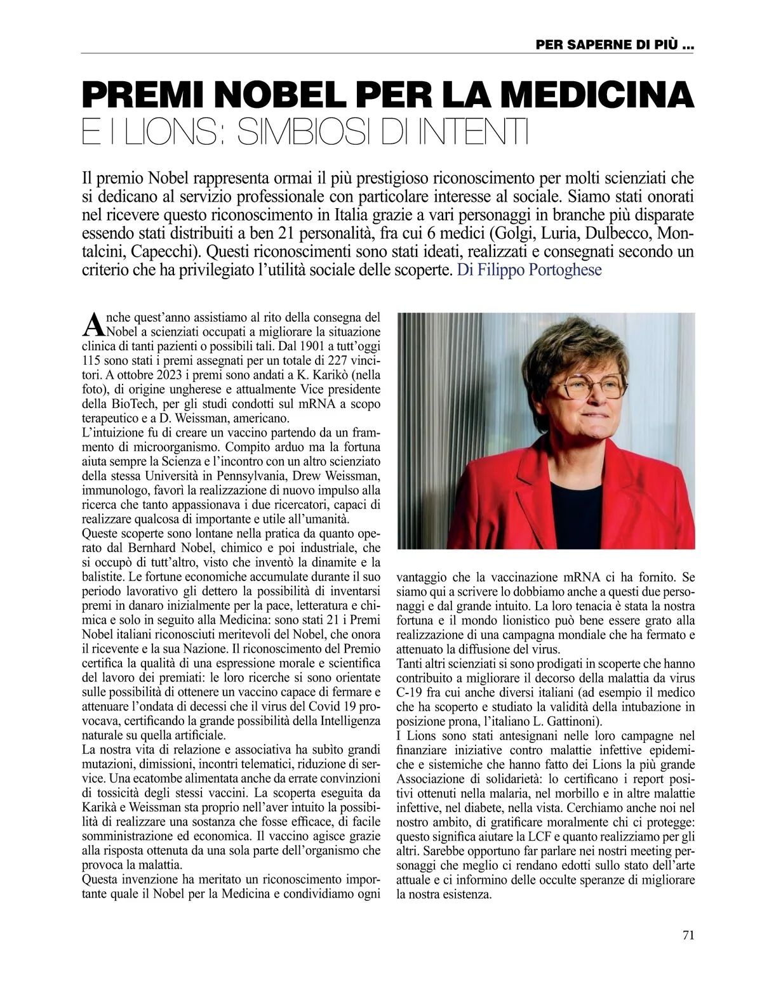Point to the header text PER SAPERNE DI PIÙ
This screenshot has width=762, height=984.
tap(614, 45)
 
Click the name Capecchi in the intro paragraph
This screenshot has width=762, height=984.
tap(167, 249)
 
